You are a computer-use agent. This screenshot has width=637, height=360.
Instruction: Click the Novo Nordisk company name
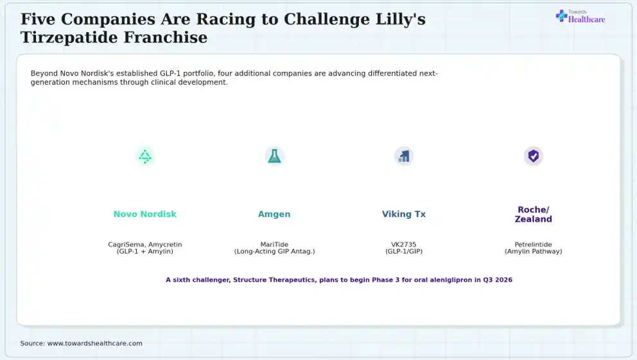[145, 214]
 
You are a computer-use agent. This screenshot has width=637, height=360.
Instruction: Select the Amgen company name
[274, 214]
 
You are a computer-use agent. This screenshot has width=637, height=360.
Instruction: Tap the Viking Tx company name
[404, 214]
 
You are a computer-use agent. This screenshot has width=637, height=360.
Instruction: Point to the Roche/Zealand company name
[534, 214]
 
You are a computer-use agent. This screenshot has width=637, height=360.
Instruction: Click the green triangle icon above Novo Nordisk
[145, 157]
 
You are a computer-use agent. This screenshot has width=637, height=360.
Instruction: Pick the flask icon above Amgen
[274, 156]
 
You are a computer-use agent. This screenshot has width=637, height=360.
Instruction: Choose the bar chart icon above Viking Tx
[404, 157]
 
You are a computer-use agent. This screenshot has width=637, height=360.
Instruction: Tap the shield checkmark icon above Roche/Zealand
[534, 156]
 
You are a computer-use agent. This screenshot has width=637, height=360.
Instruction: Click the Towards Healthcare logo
[580, 17]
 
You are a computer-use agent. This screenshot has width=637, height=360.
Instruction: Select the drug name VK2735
[404, 244]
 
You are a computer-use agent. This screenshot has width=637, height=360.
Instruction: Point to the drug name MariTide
[274, 244]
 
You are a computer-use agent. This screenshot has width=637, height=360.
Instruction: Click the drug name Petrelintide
[534, 244]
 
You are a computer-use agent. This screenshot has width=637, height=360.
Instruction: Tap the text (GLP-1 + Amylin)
[145, 251]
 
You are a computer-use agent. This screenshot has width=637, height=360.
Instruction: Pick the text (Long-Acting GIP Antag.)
[275, 251]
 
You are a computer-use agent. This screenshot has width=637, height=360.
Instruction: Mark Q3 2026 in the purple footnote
[498, 280]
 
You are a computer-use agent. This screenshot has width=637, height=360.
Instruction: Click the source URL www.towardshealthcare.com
[95, 343]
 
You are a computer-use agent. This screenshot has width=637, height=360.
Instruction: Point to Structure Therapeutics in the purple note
[274, 280]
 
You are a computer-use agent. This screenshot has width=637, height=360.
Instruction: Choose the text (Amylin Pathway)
[534, 251]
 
